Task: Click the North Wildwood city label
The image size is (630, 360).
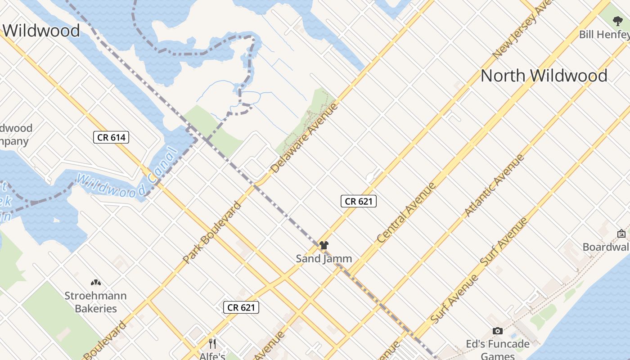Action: pos(544,76)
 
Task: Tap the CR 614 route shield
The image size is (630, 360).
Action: pos(111,137)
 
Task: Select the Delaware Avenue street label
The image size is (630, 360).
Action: pos(305,138)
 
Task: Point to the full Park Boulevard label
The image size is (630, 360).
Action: pos(212,233)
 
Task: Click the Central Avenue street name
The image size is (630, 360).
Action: pos(407,212)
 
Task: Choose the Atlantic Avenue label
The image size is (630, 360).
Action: pos(495,185)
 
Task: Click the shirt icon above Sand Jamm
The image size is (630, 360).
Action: pos(324,245)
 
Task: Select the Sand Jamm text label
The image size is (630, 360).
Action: pos(324,259)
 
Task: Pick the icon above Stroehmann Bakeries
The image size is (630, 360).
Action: pos(95,283)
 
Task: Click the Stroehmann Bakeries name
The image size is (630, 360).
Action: pos(95,302)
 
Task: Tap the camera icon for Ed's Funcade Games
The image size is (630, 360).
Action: pos(497,331)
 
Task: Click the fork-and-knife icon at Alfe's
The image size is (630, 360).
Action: pos(212,344)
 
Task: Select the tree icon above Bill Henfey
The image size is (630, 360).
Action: pos(617,21)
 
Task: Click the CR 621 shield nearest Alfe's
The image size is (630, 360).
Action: pos(241,307)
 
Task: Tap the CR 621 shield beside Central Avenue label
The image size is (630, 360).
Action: pos(358,201)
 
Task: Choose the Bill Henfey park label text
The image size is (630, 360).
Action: pos(604,35)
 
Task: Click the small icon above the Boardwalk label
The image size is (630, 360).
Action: pos(621,233)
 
